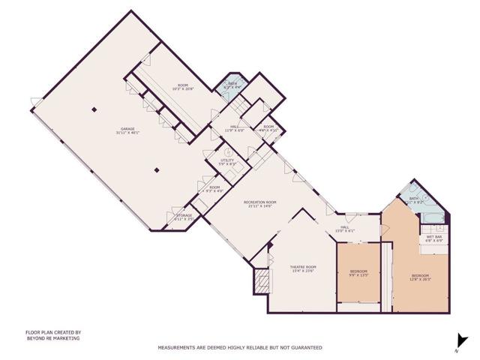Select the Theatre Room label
click(303, 269)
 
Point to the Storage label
click(184, 217)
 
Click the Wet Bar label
click(434, 238)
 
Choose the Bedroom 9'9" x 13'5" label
click(358, 273)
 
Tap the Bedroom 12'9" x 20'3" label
click(420, 277)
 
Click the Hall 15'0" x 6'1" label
click(345, 229)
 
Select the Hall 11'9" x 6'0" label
click(234, 128)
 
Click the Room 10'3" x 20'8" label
click(183, 87)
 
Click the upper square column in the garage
click(94, 110)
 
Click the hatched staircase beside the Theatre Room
click(262, 282)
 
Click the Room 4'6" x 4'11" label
click(269, 128)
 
